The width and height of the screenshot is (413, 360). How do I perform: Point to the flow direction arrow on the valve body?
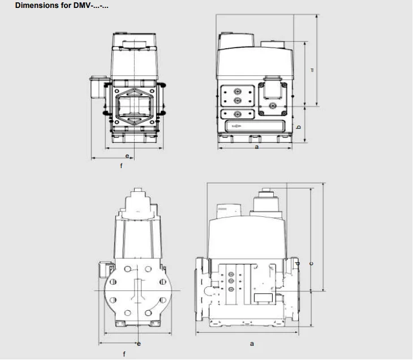click(236, 126)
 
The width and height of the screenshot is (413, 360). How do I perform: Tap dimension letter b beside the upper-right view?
click(298, 127)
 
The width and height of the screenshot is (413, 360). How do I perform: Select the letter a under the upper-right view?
click(257, 147)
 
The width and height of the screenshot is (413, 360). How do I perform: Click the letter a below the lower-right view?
click(252, 344)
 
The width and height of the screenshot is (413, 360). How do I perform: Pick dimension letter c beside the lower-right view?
click(312, 263)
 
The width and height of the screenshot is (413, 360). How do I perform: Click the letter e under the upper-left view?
click(127, 156)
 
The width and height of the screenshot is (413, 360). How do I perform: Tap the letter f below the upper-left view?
click(121, 166)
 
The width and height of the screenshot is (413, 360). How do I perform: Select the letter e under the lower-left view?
click(139, 344)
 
